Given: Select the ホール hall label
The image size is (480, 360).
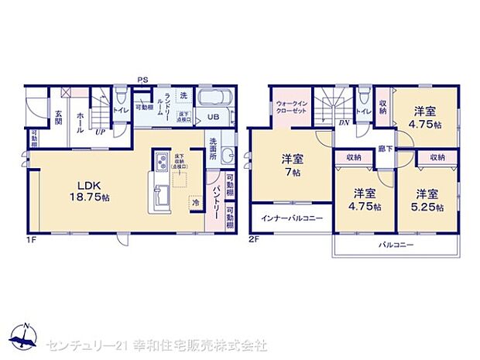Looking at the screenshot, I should (x=81, y=121).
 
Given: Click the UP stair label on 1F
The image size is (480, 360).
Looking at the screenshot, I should (x=101, y=132).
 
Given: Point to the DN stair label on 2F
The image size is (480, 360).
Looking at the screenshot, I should (x=343, y=123).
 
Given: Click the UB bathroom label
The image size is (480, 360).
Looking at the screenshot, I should (x=212, y=118).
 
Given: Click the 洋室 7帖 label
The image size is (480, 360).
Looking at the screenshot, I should (x=293, y=165).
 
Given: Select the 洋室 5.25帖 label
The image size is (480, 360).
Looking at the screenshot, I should (x=428, y=199).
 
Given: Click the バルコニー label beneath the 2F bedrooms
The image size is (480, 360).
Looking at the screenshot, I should (x=396, y=245).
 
